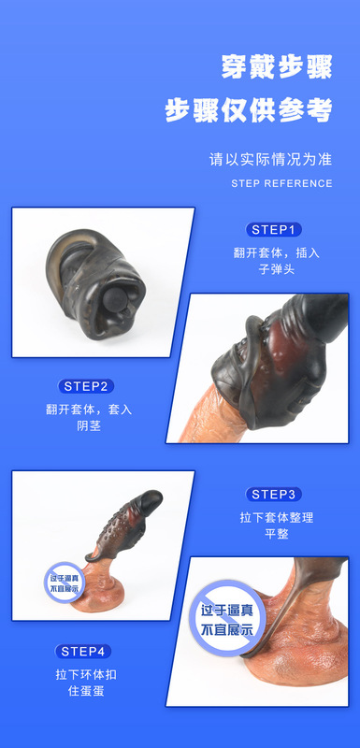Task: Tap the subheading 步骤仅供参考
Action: tap(249, 110)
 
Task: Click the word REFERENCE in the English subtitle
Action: tap(299, 183)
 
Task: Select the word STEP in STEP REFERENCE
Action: tap(246, 183)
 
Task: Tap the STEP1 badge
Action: tap(275, 229)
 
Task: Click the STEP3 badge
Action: tap(275, 494)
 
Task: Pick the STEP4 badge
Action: tap(86, 651)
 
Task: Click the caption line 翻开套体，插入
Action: tap(276, 252)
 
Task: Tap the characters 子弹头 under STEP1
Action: tap(276, 272)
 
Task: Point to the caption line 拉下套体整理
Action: tap(276, 517)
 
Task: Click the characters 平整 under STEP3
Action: tap(276, 537)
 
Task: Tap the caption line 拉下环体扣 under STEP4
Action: tap(86, 674)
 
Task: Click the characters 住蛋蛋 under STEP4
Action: tap(86, 694)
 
